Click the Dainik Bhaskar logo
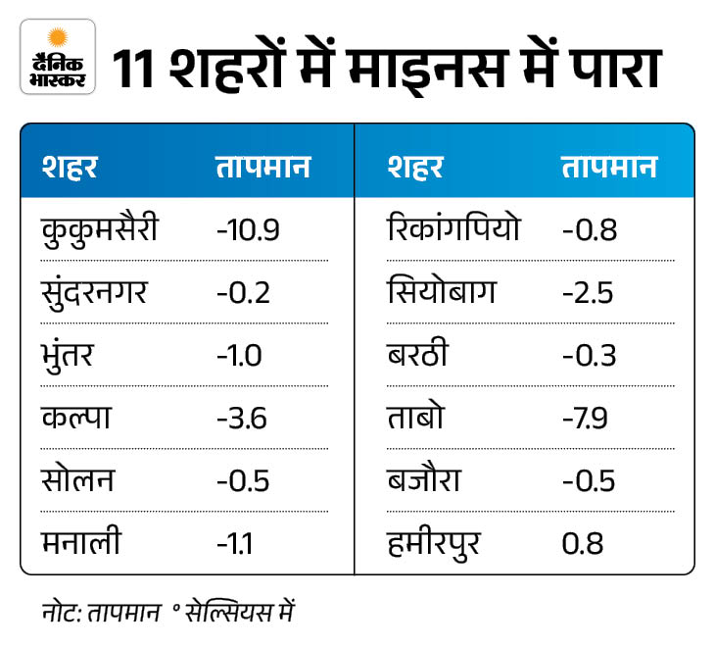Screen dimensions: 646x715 (x=57, y=57)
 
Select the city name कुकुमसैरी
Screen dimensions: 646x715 (x=100, y=230)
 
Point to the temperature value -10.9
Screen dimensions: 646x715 (x=249, y=230)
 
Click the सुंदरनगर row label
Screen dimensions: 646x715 (x=95, y=292)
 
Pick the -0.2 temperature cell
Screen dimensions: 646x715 (x=243, y=293)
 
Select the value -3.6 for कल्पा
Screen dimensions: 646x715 (x=243, y=418)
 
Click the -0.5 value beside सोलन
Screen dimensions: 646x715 (x=243, y=480)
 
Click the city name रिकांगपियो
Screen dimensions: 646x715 (x=453, y=230)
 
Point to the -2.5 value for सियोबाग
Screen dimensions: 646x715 (x=590, y=293)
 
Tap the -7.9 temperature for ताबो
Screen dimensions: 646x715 (x=587, y=418)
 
